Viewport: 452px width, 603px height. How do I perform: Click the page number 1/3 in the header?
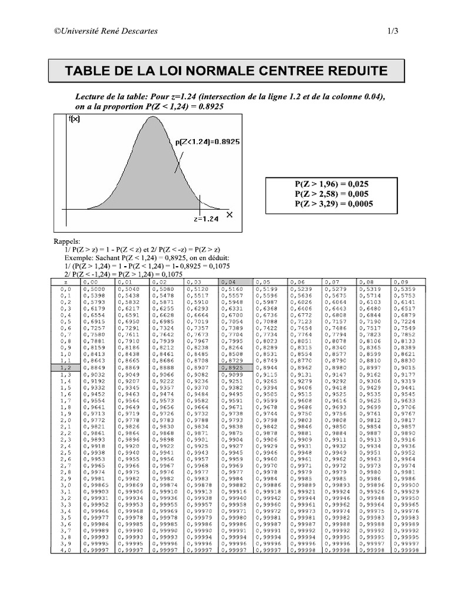[393, 31]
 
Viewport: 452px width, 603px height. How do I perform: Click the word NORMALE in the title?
[214, 71]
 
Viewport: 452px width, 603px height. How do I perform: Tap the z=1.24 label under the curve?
[206, 218]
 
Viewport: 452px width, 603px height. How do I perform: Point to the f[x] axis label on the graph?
[75, 119]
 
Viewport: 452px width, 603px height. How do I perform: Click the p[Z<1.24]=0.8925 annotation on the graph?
[207, 141]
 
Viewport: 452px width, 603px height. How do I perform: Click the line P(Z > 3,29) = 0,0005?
[333, 204]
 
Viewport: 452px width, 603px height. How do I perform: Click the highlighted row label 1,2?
[65, 367]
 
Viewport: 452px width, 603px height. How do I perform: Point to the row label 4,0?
[65, 549]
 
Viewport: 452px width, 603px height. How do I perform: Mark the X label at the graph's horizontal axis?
[230, 214]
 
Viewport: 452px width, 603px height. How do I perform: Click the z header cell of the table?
[65, 283]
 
